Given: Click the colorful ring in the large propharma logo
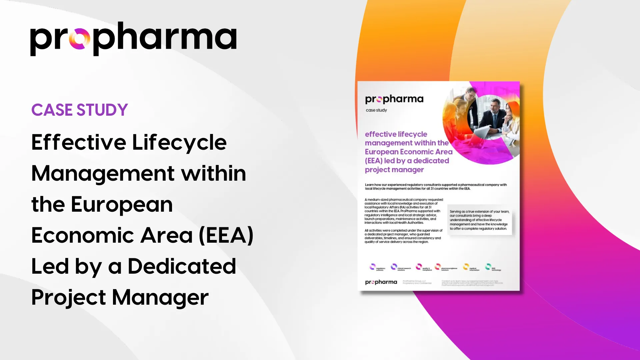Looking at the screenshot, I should [79, 39].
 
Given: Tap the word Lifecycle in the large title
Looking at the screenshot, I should [179, 143].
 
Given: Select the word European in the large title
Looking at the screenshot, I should [122, 204].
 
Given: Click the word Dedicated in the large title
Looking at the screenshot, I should [182, 266].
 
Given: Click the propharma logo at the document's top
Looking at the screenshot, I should [394, 99].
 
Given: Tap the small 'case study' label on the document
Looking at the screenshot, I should [376, 110].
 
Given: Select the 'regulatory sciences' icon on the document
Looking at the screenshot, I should [373, 267].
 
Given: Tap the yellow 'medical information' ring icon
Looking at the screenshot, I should [466, 267].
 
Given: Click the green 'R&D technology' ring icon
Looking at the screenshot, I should [488, 267].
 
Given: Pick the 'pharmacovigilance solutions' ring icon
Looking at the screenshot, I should [437, 267].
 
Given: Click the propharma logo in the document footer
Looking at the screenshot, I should [381, 282].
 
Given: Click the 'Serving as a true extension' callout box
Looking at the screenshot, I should [479, 220].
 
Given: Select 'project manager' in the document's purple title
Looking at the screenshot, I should [394, 170].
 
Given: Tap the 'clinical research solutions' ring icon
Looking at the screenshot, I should [394, 267].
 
